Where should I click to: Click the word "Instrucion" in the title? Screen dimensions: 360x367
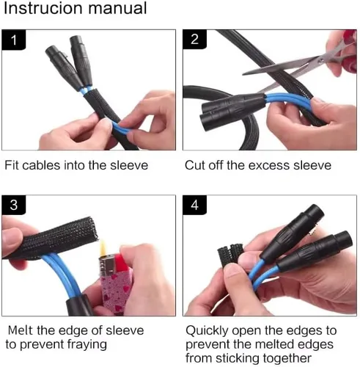coord(43,8)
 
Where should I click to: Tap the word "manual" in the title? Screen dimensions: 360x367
coord(118,8)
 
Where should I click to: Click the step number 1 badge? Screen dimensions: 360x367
coord(14,40)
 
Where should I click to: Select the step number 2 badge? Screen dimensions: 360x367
coord(194,39)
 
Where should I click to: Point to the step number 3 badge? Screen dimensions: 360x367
coord(14,205)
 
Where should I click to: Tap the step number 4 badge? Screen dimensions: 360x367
coord(194,205)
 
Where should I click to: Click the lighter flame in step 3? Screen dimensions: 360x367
coord(103,247)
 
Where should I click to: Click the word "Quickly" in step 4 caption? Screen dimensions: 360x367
coord(207,331)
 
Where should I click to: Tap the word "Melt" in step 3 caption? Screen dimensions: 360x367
coord(21,330)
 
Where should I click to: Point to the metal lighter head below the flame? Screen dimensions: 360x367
coord(107,266)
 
